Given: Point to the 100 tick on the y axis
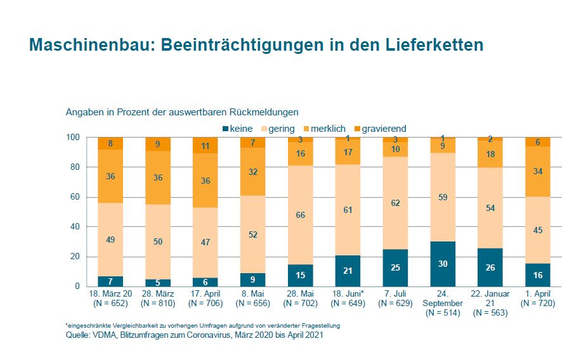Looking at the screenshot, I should tap(72, 138).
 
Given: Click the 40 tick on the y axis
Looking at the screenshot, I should tap(75, 227).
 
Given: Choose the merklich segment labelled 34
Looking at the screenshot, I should tap(538, 171).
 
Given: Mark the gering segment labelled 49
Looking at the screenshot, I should tap(110, 240).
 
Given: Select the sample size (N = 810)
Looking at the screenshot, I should tap(158, 304).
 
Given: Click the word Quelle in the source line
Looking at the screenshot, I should tap(78, 335).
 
